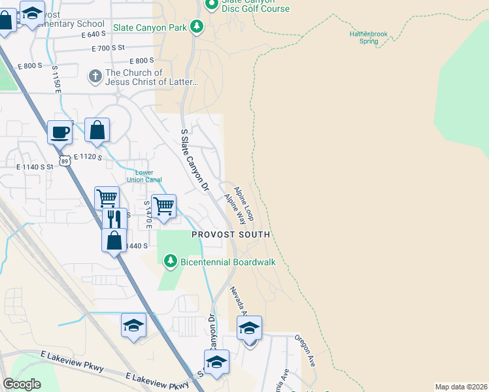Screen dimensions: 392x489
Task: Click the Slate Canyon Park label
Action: (x=150, y=27)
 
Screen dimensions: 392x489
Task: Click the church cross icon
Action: (x=95, y=76)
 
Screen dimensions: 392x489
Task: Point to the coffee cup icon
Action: (x=59, y=132)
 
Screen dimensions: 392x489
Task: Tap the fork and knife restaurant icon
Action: (x=114, y=218)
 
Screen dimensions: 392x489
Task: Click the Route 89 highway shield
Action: (x=63, y=160)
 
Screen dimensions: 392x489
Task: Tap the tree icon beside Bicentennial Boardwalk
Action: (x=170, y=262)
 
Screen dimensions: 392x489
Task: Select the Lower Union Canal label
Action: (x=144, y=176)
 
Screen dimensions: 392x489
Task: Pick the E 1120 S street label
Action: (x=90, y=157)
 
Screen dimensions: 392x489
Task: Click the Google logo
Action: (x=22, y=384)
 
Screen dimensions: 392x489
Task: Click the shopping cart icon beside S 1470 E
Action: (x=163, y=206)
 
